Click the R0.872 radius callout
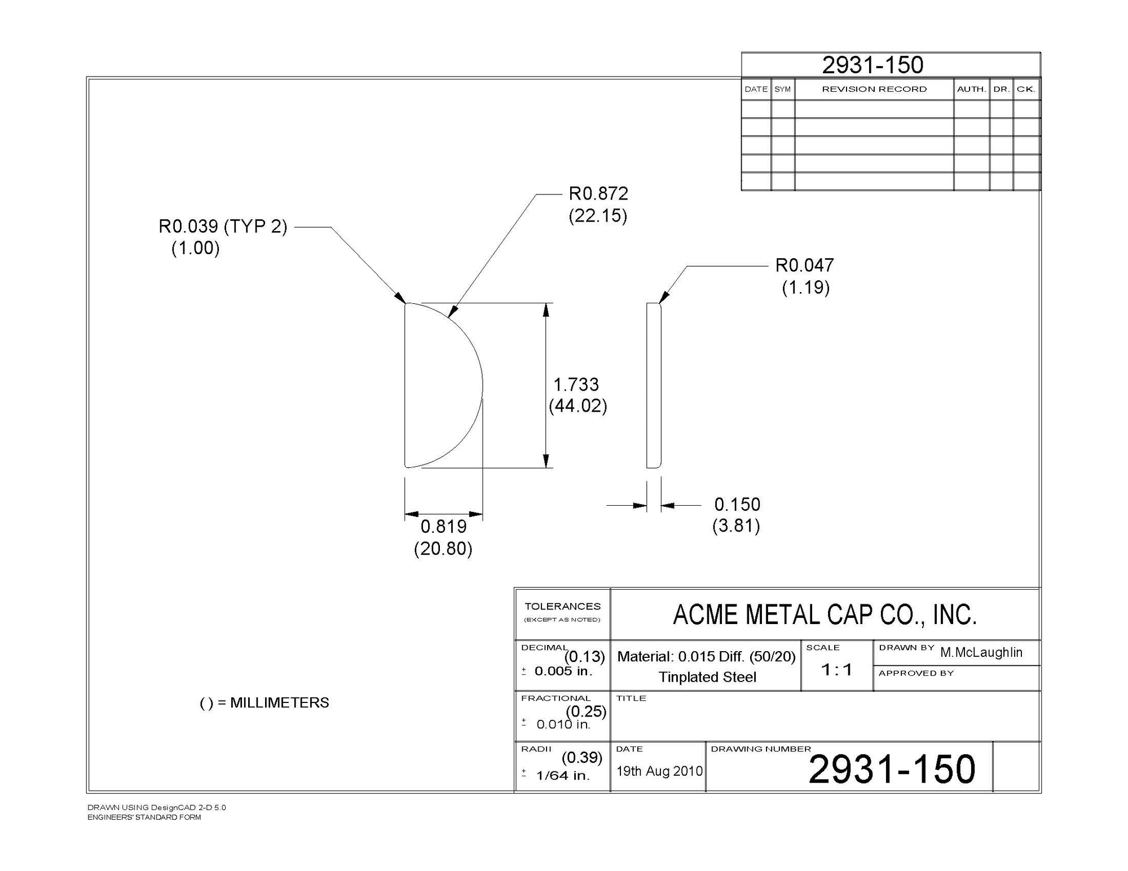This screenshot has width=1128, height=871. click(x=598, y=194)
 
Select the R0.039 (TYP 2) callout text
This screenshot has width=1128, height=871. click(x=223, y=227)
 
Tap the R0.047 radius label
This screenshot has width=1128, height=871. click(x=804, y=266)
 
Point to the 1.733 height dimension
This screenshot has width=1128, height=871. click(x=576, y=384)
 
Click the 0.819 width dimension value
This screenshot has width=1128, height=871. click(x=444, y=527)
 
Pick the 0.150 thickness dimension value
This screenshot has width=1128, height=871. click(x=737, y=504)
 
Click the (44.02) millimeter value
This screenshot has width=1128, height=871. click(x=578, y=406)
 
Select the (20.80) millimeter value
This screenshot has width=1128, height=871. click(x=443, y=549)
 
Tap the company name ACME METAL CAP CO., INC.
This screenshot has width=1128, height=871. click(x=825, y=614)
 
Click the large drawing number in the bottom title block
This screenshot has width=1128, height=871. click(x=892, y=769)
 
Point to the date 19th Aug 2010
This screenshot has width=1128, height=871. click(x=659, y=771)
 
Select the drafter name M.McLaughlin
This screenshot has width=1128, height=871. click(x=981, y=652)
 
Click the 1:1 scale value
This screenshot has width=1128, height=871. click(x=836, y=670)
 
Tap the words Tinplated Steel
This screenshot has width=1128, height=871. click(x=707, y=677)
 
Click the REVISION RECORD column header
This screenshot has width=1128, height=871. click(x=874, y=89)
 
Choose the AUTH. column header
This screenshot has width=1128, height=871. click(x=971, y=89)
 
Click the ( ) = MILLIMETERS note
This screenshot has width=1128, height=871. click(x=265, y=703)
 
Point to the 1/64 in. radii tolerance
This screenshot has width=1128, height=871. click(x=562, y=776)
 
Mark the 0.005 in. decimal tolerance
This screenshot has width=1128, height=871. click(x=563, y=671)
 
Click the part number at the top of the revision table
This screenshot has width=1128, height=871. click(x=873, y=65)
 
